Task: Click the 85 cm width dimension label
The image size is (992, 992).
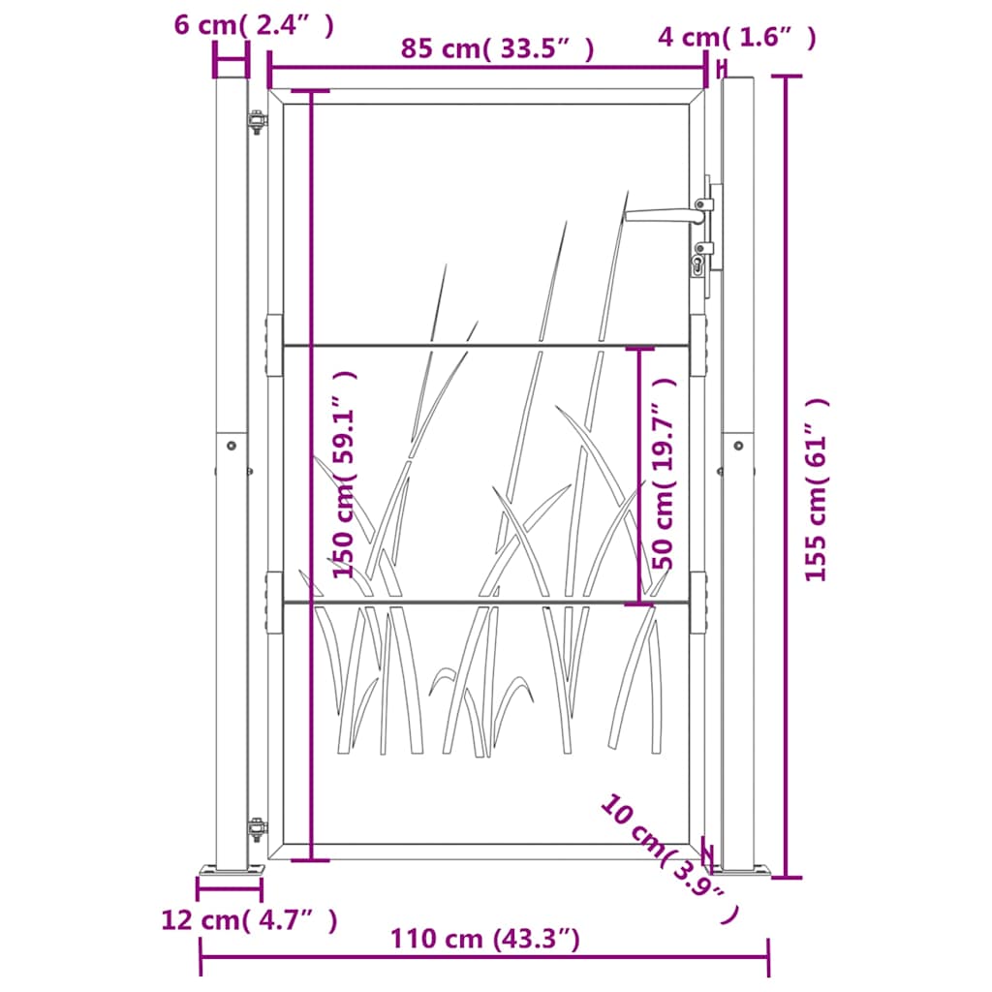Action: [x=497, y=48]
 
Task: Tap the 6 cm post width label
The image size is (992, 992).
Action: [x=254, y=25]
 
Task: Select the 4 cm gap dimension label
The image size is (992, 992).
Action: [x=737, y=38]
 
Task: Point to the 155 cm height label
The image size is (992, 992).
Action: [x=816, y=489]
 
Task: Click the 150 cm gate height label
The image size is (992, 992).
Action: [x=346, y=474]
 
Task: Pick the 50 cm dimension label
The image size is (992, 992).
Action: [x=665, y=474]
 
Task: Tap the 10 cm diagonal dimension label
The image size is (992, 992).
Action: [x=669, y=858]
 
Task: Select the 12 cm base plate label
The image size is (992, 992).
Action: [x=249, y=920]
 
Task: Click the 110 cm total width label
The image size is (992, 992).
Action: [x=484, y=939]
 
